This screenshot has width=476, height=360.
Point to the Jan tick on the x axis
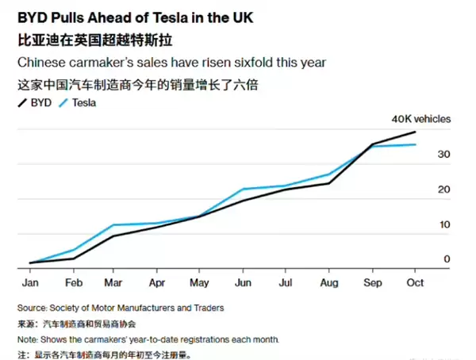coord(33,282)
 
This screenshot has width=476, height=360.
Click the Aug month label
coord(328,282)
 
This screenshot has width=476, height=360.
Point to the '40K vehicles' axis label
coord(420,119)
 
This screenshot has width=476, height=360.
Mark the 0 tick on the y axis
coord(447,259)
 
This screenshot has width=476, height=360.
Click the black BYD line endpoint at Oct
coord(416,132)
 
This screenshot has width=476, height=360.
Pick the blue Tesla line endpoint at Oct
coord(416,144)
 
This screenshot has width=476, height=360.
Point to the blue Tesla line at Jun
coord(243,190)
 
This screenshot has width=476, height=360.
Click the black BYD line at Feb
coord(75,258)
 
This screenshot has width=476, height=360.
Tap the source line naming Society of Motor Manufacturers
coord(120,308)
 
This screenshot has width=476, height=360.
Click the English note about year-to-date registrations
coord(148,339)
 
